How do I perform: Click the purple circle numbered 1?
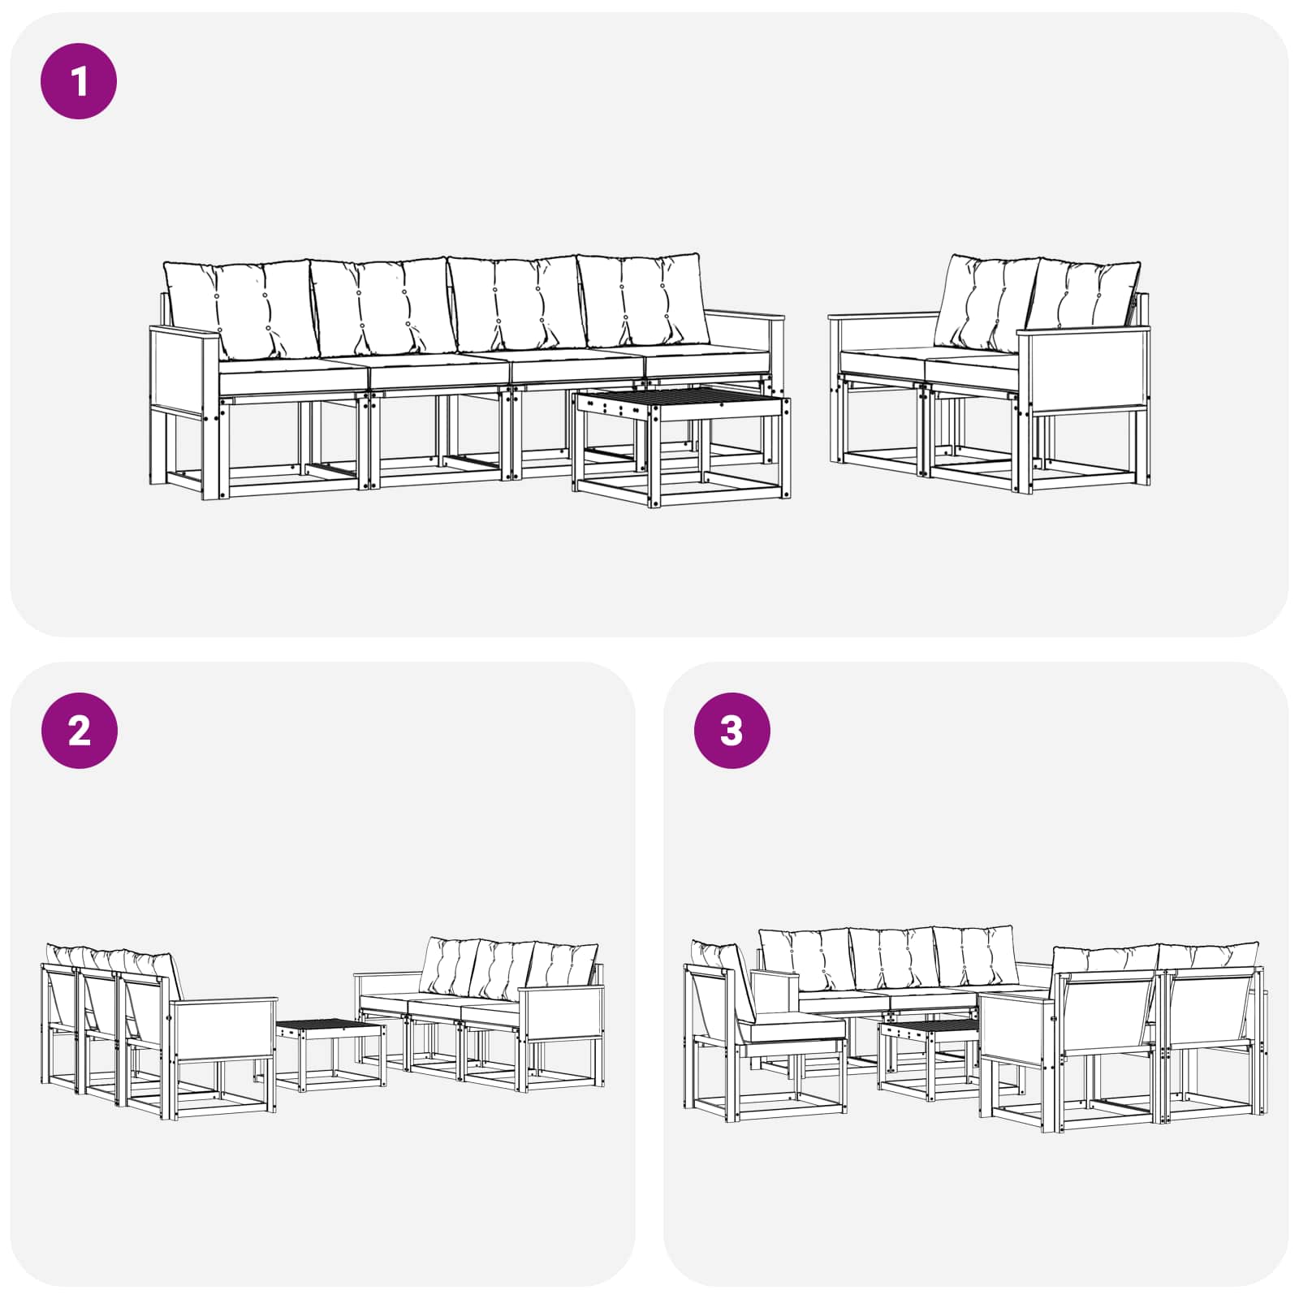(x=79, y=81)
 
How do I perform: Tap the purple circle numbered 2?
(x=79, y=731)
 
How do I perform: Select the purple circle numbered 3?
(x=731, y=731)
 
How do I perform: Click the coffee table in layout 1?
(x=681, y=446)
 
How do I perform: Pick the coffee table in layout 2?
(x=330, y=1055)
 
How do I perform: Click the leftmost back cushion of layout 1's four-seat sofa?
(x=240, y=309)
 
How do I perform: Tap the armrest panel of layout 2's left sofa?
(x=221, y=1030)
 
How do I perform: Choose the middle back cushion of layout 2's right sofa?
(x=503, y=970)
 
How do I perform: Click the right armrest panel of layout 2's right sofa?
(x=561, y=1013)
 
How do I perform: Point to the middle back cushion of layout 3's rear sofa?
(x=892, y=959)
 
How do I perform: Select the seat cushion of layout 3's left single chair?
(x=800, y=1029)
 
